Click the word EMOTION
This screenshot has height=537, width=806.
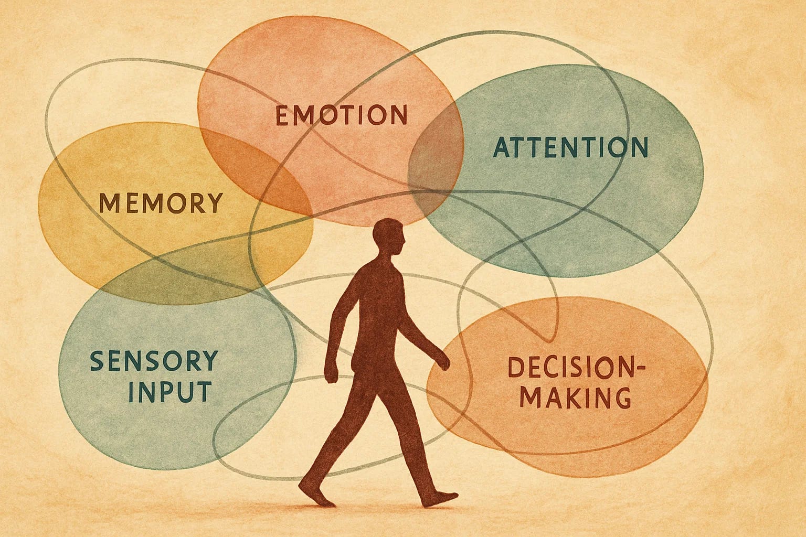click(342, 115)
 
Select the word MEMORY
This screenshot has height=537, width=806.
click(161, 203)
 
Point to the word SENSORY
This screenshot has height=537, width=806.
click(153, 361)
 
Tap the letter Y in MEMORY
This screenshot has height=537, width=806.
click(212, 203)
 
